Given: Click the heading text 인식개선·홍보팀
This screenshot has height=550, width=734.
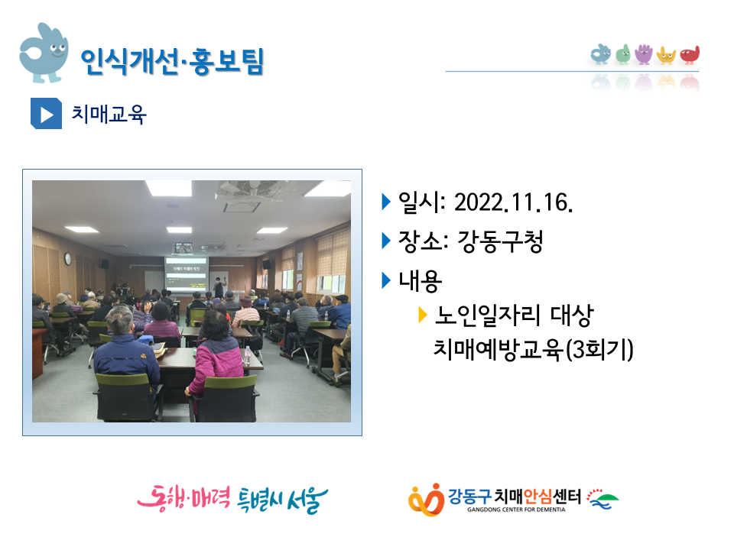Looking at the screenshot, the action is (x=172, y=61).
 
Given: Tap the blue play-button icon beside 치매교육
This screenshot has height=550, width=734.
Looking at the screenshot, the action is (x=46, y=113).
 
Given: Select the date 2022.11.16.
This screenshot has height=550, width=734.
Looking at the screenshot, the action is (x=514, y=203).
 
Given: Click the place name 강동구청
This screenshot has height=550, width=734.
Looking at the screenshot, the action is (x=500, y=242).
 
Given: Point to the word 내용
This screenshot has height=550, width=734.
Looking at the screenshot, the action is (x=420, y=281).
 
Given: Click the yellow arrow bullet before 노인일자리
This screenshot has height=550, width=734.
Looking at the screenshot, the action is (x=422, y=315).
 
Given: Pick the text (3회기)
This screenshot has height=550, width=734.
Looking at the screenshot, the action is (x=599, y=349).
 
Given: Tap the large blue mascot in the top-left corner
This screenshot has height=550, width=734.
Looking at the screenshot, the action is (x=44, y=53).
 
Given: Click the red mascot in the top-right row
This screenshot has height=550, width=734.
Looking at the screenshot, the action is (x=690, y=54).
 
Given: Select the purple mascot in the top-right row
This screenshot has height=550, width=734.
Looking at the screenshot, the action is (x=644, y=53).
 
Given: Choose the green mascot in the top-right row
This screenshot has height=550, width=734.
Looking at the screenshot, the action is (x=623, y=54).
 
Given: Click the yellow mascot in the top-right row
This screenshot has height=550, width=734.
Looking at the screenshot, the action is (x=666, y=55).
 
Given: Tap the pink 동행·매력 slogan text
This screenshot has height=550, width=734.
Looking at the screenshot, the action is (x=183, y=499).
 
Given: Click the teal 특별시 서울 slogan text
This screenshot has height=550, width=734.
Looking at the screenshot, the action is (x=283, y=500).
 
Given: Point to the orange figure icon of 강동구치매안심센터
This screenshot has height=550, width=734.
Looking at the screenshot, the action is (x=427, y=500).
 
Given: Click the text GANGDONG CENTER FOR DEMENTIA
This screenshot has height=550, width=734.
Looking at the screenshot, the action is (x=516, y=510).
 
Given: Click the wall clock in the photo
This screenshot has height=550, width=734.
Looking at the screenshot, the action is (x=68, y=258).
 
